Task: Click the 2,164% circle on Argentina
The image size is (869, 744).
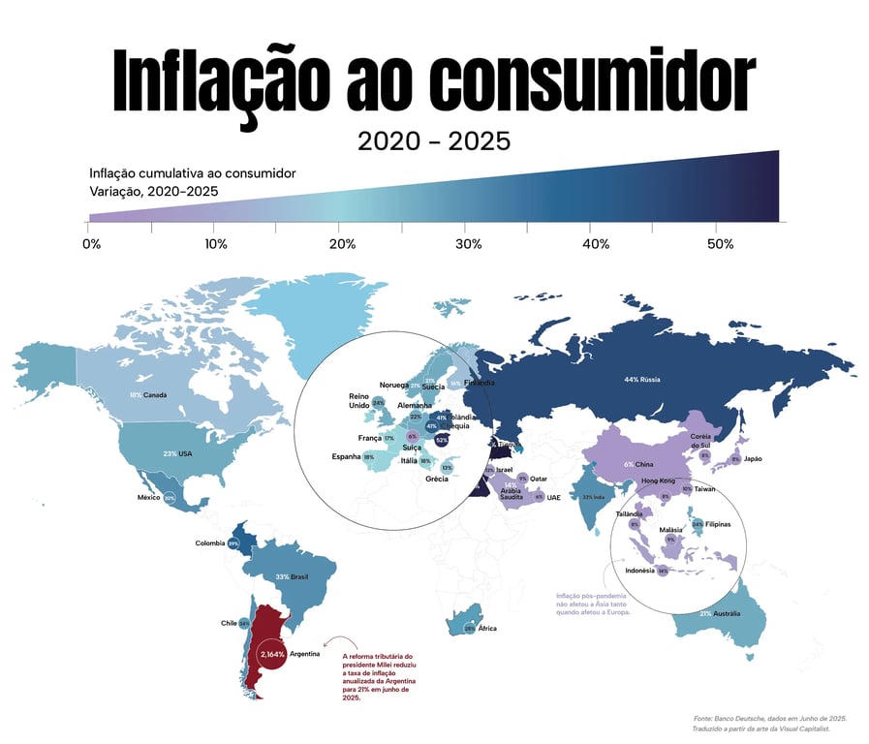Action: [271, 655]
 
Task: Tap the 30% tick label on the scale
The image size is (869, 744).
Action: [469, 244]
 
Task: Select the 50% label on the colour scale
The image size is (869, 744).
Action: [720, 244]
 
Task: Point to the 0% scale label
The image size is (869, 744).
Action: [92, 244]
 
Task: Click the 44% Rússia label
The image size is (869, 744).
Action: [641, 379]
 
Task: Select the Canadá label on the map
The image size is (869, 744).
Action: [155, 395]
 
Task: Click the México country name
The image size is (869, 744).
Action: [148, 497]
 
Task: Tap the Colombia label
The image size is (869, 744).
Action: [210, 543]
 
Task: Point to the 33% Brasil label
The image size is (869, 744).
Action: [292, 576]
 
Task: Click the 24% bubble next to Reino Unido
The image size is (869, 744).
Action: [379, 402]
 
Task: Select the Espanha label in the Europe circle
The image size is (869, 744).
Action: [346, 456]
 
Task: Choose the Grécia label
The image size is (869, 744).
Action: [436, 479]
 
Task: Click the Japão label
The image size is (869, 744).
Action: [755, 458]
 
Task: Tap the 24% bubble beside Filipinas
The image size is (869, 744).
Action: [698, 524]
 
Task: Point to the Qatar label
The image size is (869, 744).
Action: [539, 479]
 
